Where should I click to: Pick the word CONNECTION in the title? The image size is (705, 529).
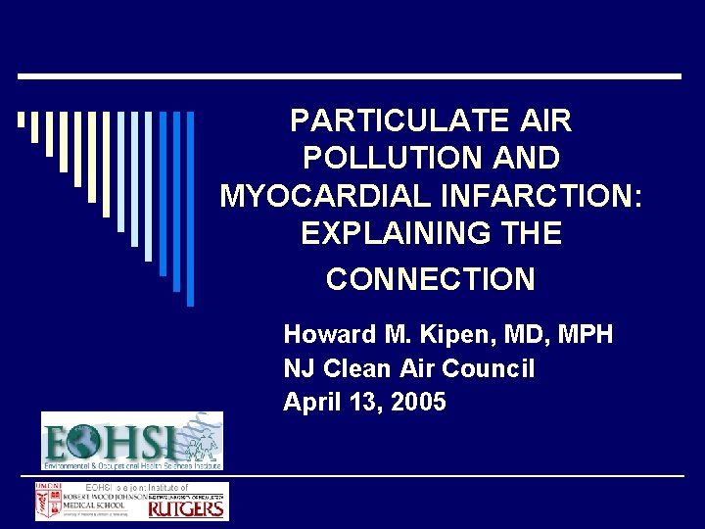(x=431, y=280)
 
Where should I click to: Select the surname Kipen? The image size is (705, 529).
(x=457, y=335)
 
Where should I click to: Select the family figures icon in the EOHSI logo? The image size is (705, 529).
(x=202, y=447)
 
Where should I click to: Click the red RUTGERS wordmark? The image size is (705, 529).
(x=187, y=508)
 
